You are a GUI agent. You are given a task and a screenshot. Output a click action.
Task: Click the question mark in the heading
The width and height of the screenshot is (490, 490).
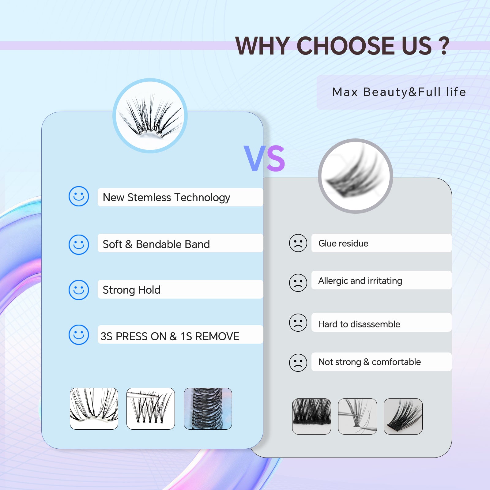pyautogui.click(x=444, y=46)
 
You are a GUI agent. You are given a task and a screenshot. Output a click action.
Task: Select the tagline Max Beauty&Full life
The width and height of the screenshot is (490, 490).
pyautogui.click(x=399, y=92)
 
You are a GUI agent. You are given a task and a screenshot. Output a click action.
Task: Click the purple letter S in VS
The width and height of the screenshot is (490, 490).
pyautogui.click(x=276, y=158)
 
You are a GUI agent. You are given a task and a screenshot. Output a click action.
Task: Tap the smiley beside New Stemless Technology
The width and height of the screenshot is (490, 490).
pyautogui.click(x=79, y=196)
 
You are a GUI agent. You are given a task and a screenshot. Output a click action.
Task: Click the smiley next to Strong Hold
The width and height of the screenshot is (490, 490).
pyautogui.click(x=79, y=290)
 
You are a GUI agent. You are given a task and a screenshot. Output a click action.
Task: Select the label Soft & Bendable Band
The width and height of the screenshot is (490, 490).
pyautogui.click(x=156, y=244)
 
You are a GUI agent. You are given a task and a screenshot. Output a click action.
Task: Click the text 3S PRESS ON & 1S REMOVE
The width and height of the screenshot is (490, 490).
pyautogui.click(x=170, y=336)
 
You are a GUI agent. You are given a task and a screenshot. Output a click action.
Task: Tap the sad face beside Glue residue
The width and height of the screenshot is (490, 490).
pyautogui.click(x=298, y=243)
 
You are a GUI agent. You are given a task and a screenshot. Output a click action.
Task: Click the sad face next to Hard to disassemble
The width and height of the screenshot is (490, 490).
pyautogui.click(x=298, y=323)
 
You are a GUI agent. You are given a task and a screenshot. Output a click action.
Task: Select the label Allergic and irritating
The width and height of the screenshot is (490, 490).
pyautogui.click(x=360, y=281)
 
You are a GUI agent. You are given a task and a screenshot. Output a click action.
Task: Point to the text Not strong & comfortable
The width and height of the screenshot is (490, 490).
pyautogui.click(x=370, y=362)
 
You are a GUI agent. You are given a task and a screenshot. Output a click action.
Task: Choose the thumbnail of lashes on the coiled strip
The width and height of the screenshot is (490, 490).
pyautogui.click(x=208, y=409)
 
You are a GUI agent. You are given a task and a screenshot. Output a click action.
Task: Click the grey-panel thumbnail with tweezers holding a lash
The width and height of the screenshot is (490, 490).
pyautogui.click(x=357, y=417)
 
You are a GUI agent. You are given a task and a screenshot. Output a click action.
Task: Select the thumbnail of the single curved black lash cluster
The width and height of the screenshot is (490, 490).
pyautogui.click(x=403, y=417)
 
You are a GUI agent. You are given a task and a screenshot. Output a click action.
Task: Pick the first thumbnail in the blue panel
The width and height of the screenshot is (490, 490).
pyautogui.click(x=94, y=409)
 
